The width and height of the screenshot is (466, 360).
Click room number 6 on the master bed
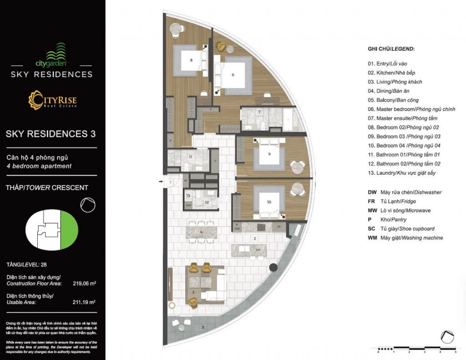coord(233,75)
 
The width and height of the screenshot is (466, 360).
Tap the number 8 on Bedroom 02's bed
coord(191,60)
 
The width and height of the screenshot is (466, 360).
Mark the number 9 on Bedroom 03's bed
coord(269,154)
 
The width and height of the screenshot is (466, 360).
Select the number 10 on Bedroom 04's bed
coord(269,202)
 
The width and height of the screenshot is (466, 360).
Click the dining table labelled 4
coord(201,232)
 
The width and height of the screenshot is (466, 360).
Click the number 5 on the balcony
coord(203,327)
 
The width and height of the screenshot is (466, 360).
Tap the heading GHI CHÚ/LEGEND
coord(391,49)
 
